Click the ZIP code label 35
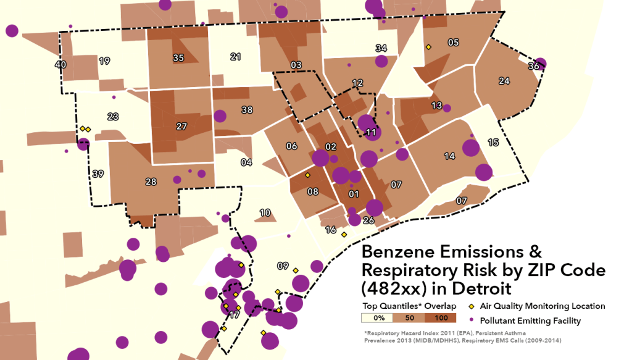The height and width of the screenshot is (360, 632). click(x=178, y=58)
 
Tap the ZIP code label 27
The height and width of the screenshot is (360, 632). click(x=181, y=127)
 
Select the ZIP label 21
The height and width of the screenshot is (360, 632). click(x=235, y=57)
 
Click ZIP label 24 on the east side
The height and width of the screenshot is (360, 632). click(x=504, y=81)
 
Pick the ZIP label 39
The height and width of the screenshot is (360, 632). click(x=98, y=174)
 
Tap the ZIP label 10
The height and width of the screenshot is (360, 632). click(x=265, y=213)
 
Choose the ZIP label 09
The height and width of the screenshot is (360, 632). click(x=283, y=266)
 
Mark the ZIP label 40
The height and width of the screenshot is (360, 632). click(x=60, y=64)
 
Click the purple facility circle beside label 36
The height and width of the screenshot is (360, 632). click(x=540, y=64)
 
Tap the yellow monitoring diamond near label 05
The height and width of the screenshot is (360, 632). click(x=428, y=46)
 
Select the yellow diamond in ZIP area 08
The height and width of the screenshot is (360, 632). click(x=307, y=175)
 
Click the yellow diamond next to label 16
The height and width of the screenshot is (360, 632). click(x=344, y=234)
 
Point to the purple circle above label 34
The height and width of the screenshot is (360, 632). click(x=381, y=61)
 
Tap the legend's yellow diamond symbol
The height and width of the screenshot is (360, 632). click(x=472, y=306)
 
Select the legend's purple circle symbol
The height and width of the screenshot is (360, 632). click(x=472, y=320)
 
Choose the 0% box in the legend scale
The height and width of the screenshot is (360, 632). click(x=379, y=318)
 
